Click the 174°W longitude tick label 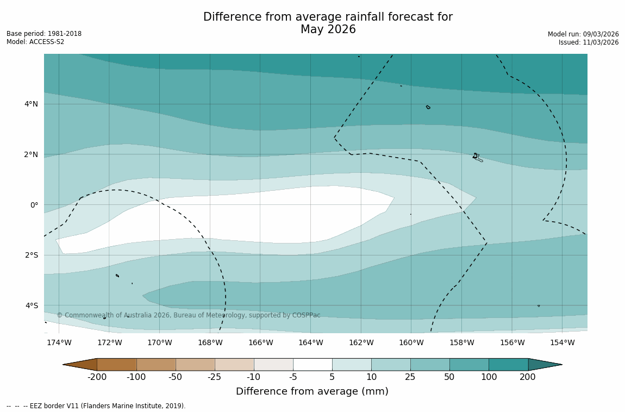[x=59, y=342]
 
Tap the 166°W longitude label [x=260, y=342]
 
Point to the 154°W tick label [x=562, y=342]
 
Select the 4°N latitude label [x=31, y=104]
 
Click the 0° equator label [x=34, y=205]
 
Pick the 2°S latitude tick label [x=31, y=255]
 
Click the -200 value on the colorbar [x=97, y=377]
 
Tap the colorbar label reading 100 [x=489, y=377]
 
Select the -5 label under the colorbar [x=293, y=377]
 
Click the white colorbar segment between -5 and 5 [x=312, y=364]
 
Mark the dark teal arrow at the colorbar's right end [x=545, y=364]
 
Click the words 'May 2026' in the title [x=328, y=30]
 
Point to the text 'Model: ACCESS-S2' [x=35, y=42]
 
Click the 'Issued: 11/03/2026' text [x=588, y=42]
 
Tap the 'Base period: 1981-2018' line [x=44, y=34]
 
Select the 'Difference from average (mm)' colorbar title [x=312, y=391]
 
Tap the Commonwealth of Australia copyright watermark [x=189, y=315]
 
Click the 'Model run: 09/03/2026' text [x=583, y=34]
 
